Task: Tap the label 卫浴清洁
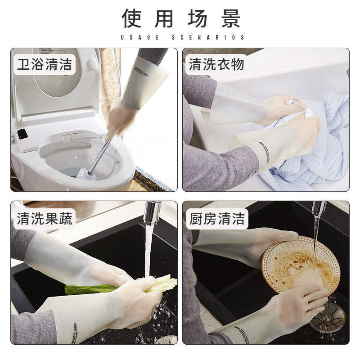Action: (x=44, y=65)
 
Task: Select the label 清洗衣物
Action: (x=216, y=65)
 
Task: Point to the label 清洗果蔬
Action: (x=44, y=219)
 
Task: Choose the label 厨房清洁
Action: (x=216, y=219)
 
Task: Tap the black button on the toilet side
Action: (x=22, y=134)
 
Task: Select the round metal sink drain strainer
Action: (x=328, y=317)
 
